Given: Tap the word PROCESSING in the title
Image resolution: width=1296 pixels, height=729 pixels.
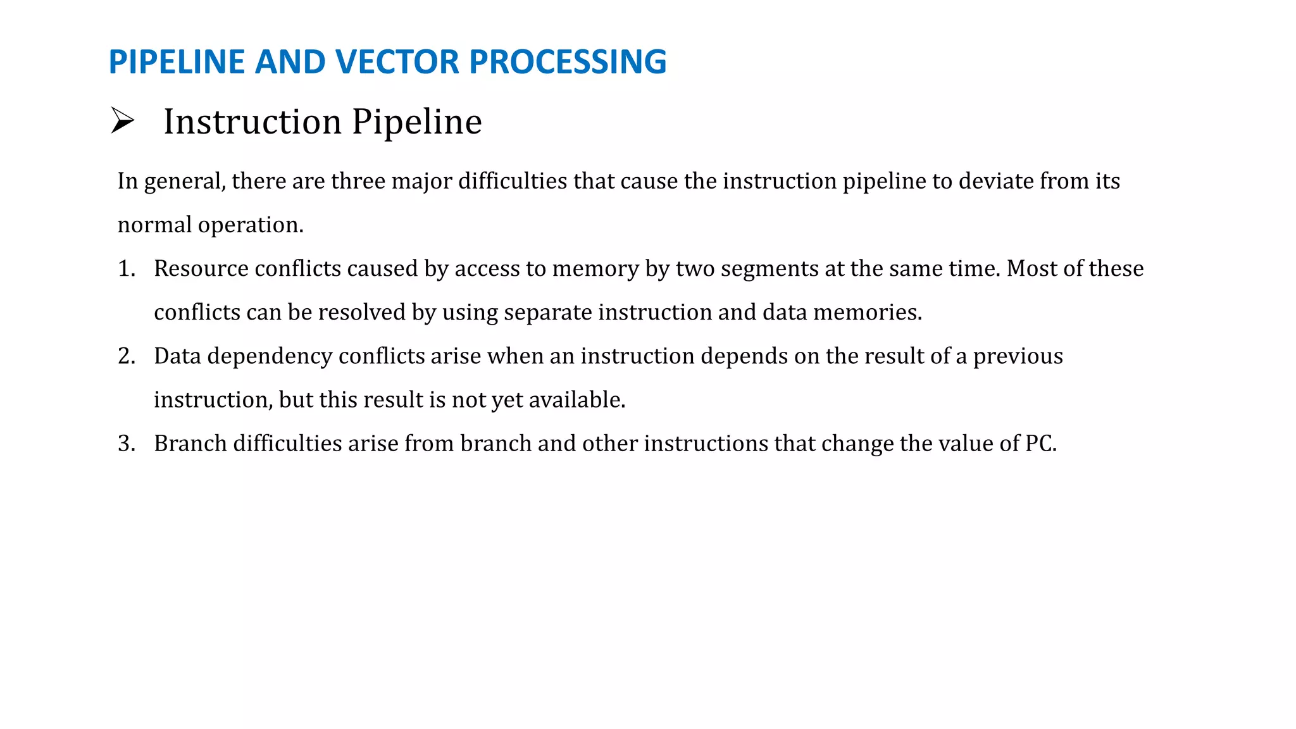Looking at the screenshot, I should (568, 62).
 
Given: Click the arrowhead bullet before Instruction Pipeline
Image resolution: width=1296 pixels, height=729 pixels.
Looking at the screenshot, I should (122, 120).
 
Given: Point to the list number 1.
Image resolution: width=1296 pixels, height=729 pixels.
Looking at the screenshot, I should (126, 269).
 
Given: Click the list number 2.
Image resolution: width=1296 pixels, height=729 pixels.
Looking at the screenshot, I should (126, 356).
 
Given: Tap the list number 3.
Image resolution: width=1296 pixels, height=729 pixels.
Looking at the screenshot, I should (126, 444).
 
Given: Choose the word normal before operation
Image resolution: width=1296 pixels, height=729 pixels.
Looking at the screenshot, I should (154, 225).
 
